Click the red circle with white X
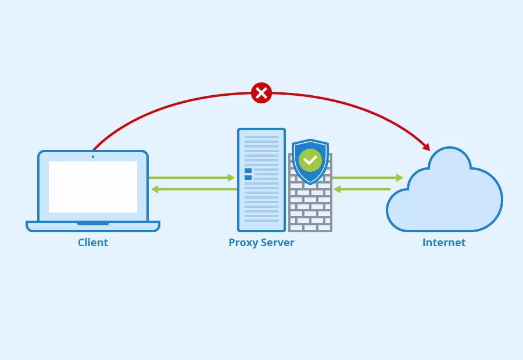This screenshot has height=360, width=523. (261, 93)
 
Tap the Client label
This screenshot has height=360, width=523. (93, 243)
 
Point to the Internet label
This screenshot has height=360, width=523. (444, 243)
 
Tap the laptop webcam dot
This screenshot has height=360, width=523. (93, 156)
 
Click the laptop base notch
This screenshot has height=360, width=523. (93, 223)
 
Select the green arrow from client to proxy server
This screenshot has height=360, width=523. (192, 178)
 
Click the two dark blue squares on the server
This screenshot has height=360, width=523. (248, 174)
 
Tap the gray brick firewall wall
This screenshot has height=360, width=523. (310, 212)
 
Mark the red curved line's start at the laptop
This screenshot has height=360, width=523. (95, 147)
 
